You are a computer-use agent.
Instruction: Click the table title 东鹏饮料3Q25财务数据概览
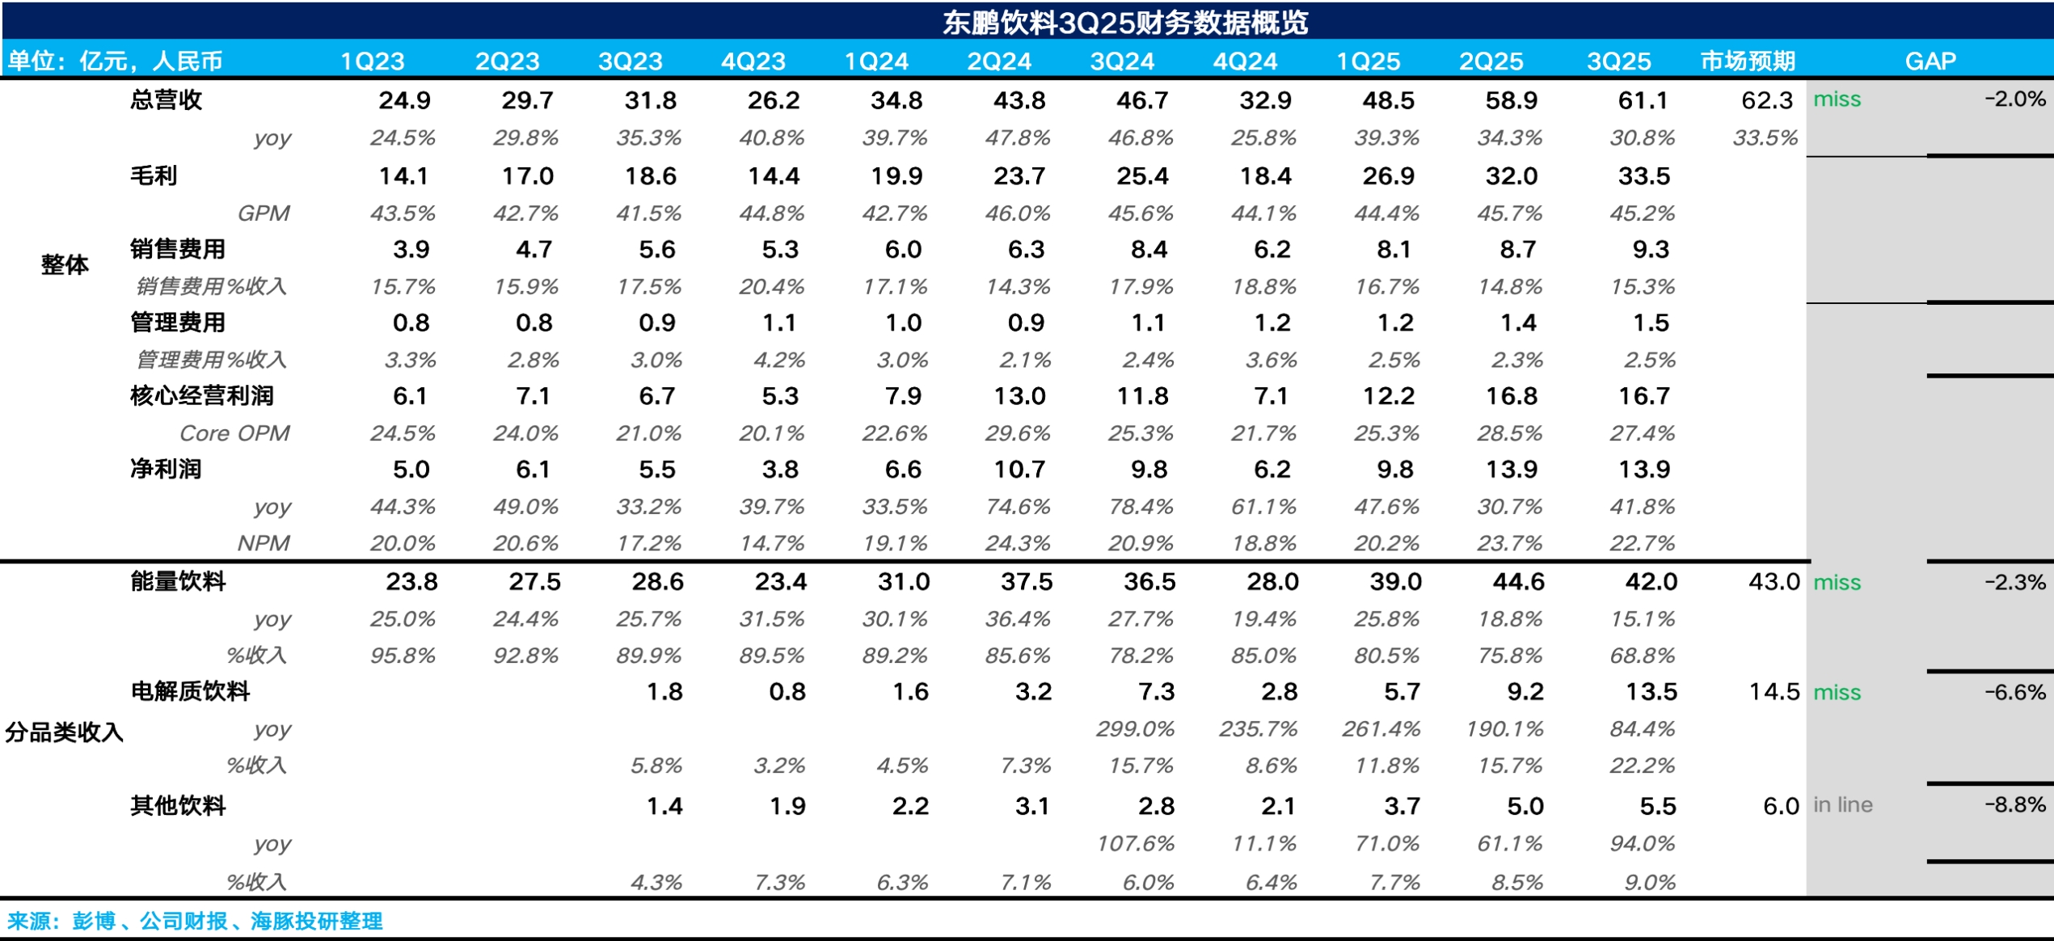coord(1124,22)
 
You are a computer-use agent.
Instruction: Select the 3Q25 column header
coord(1618,61)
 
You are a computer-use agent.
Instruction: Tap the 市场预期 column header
coord(1748,61)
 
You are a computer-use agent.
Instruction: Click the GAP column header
coord(1930,61)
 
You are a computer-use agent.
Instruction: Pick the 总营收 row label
coord(166,100)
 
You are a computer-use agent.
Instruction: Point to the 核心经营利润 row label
coord(202,396)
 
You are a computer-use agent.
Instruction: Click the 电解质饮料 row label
coord(190,692)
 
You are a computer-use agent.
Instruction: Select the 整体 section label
coord(65,265)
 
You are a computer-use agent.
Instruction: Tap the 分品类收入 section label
coord(64,732)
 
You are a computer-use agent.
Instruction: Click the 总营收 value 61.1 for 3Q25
coord(1643,100)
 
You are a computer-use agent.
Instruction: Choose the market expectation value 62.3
coord(1767,100)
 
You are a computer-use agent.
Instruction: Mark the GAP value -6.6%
coord(2015,692)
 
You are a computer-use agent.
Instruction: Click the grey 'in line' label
coord(1842,805)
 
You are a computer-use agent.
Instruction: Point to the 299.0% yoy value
coord(1135,729)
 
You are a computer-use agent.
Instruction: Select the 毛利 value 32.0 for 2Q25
coord(1512,176)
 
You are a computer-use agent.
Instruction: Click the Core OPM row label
coord(234,433)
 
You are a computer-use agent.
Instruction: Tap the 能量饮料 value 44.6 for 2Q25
coord(1518,582)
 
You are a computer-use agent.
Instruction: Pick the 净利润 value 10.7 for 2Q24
coord(1019,470)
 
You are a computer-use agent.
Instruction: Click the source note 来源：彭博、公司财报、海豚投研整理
coord(195,921)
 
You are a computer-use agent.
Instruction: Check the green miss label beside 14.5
coord(1837,693)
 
